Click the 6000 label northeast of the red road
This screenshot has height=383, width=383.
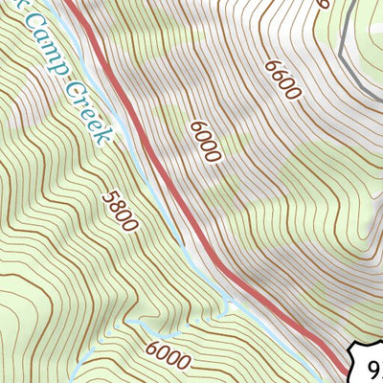click(x=206, y=142)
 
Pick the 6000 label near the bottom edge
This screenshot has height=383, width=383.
click(x=169, y=355)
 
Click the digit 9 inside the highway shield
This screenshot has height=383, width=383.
click(x=373, y=367)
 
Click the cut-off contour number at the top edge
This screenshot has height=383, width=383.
click(x=324, y=4)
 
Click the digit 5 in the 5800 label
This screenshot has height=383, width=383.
click(x=107, y=194)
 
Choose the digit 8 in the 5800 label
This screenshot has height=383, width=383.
click(x=116, y=205)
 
